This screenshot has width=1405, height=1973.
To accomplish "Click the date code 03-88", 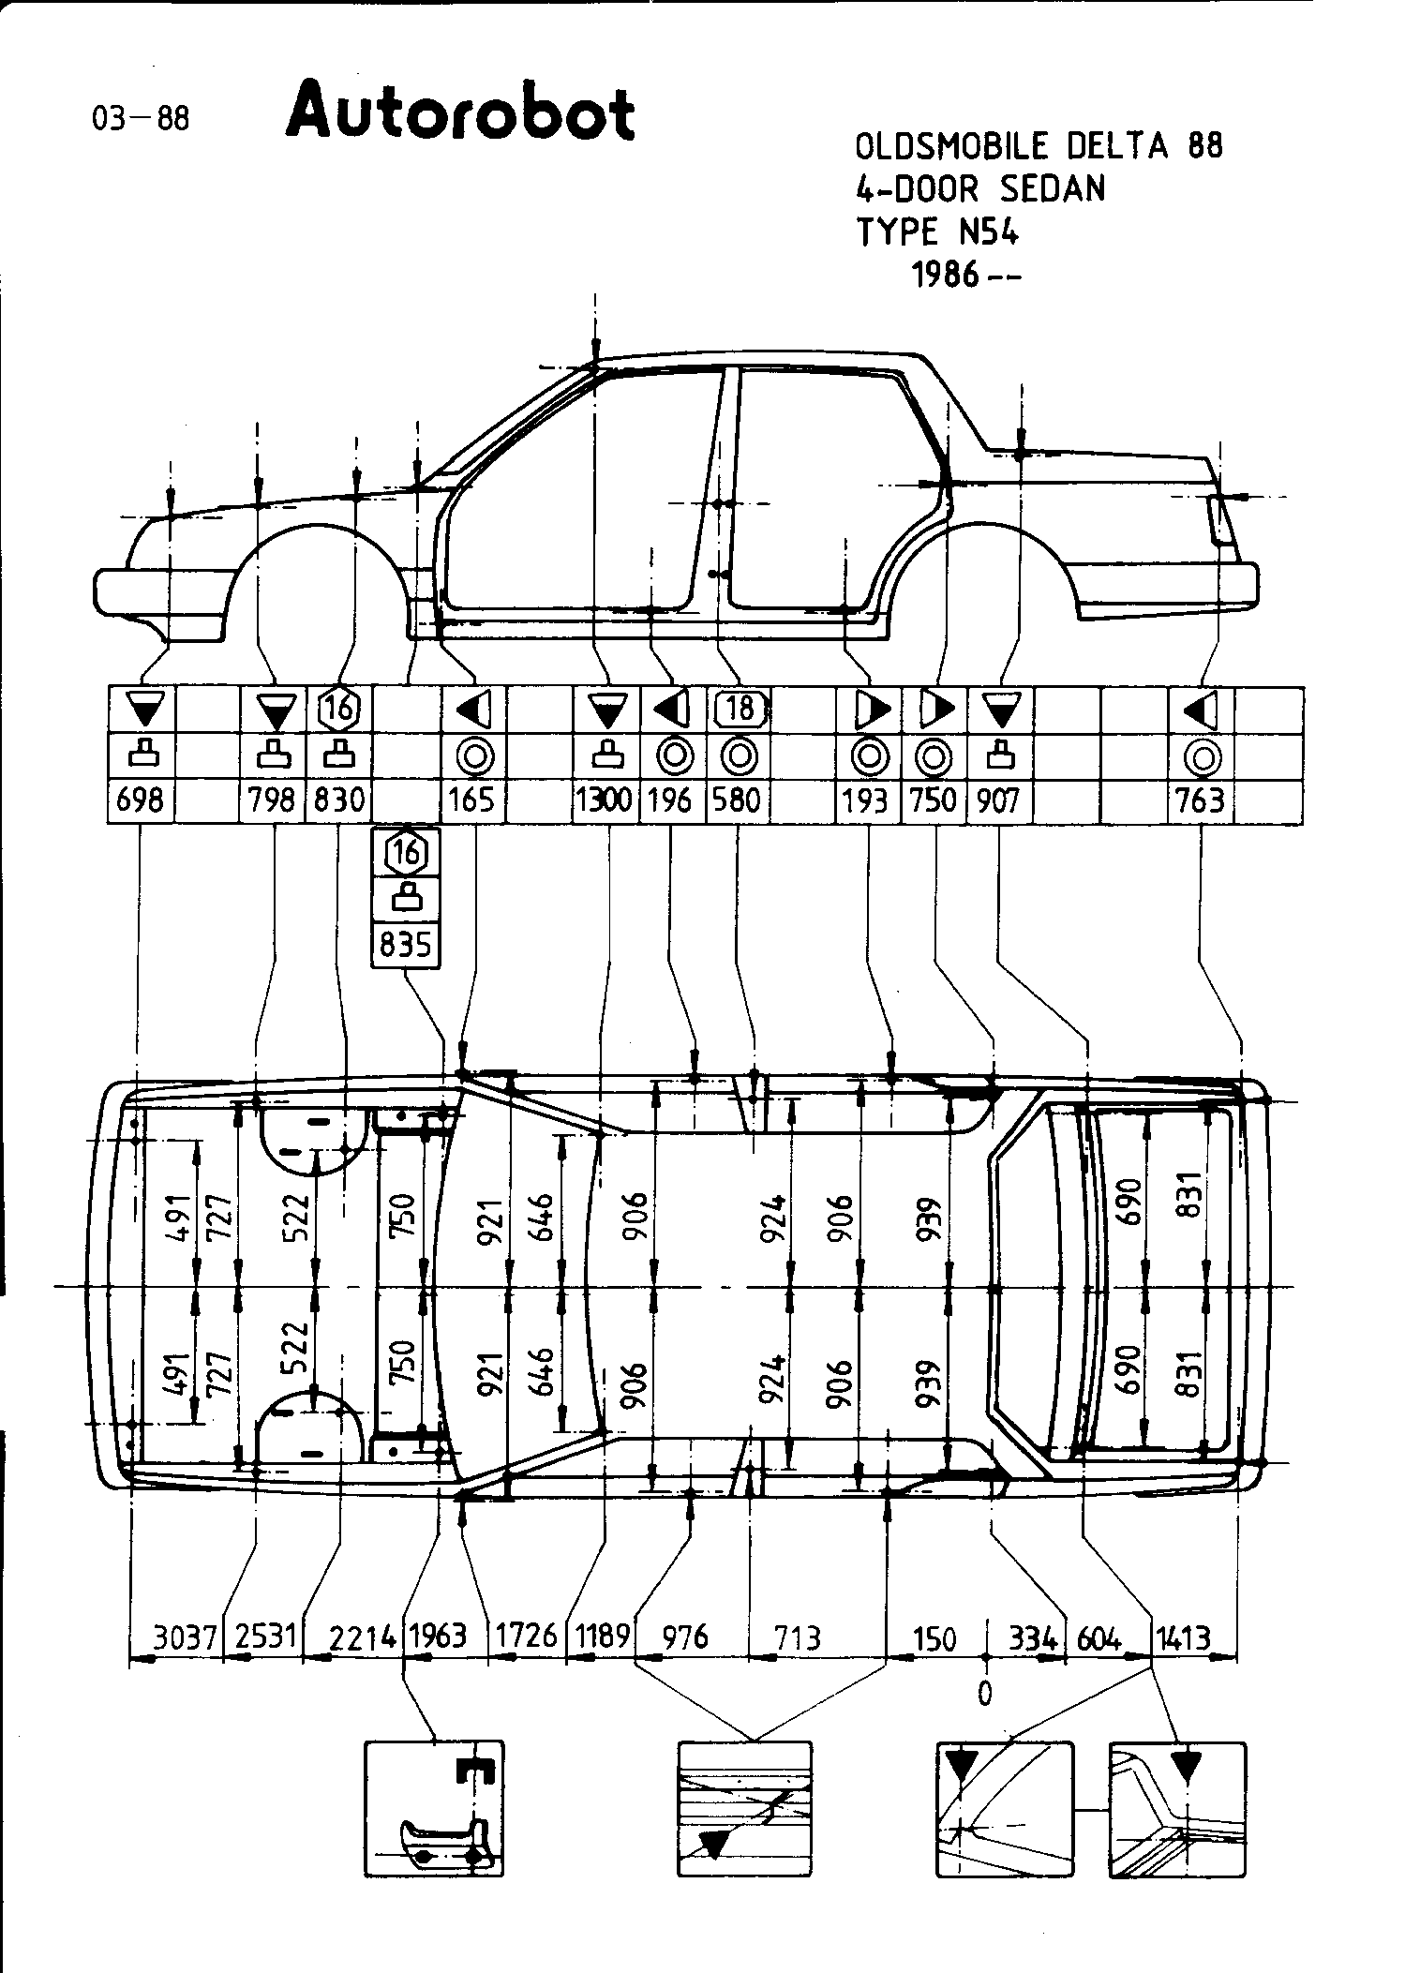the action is [x=141, y=119].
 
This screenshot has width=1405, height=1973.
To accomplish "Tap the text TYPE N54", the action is [x=936, y=232].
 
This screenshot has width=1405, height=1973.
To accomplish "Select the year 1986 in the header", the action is [x=947, y=276].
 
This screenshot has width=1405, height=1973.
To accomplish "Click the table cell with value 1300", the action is [x=605, y=800].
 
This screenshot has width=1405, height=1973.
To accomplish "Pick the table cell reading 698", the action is [x=141, y=800].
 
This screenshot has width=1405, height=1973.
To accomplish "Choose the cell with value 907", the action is [x=998, y=800].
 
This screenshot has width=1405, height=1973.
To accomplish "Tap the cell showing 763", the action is [x=1201, y=800].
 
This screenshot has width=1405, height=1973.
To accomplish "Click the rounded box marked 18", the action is [x=740, y=709].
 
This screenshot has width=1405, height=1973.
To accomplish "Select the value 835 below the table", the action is [x=406, y=945].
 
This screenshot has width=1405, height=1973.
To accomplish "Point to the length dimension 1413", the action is [x=1182, y=1637].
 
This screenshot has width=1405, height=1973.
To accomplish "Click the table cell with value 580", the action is [x=738, y=800].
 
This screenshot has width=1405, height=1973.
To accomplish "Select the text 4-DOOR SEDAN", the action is [x=980, y=189].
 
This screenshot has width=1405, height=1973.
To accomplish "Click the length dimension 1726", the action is [x=526, y=1637].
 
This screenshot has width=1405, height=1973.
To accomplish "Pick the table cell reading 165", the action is [x=473, y=800].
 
